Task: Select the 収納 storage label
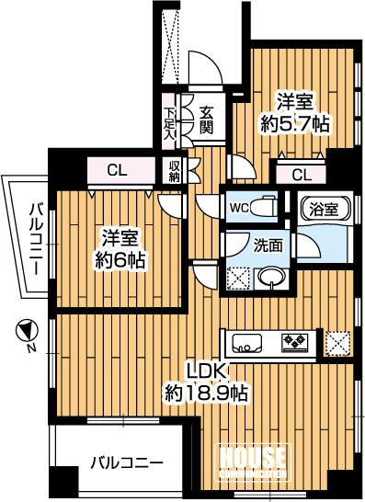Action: tap(174, 171)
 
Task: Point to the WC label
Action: tap(237, 207)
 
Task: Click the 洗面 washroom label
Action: tap(268, 245)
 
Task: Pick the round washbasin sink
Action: tap(270, 277)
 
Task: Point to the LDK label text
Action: tap(206, 372)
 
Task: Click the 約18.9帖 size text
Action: tap(207, 394)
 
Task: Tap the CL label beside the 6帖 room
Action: tap(118, 169)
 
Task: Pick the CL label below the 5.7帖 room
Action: tap(301, 175)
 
